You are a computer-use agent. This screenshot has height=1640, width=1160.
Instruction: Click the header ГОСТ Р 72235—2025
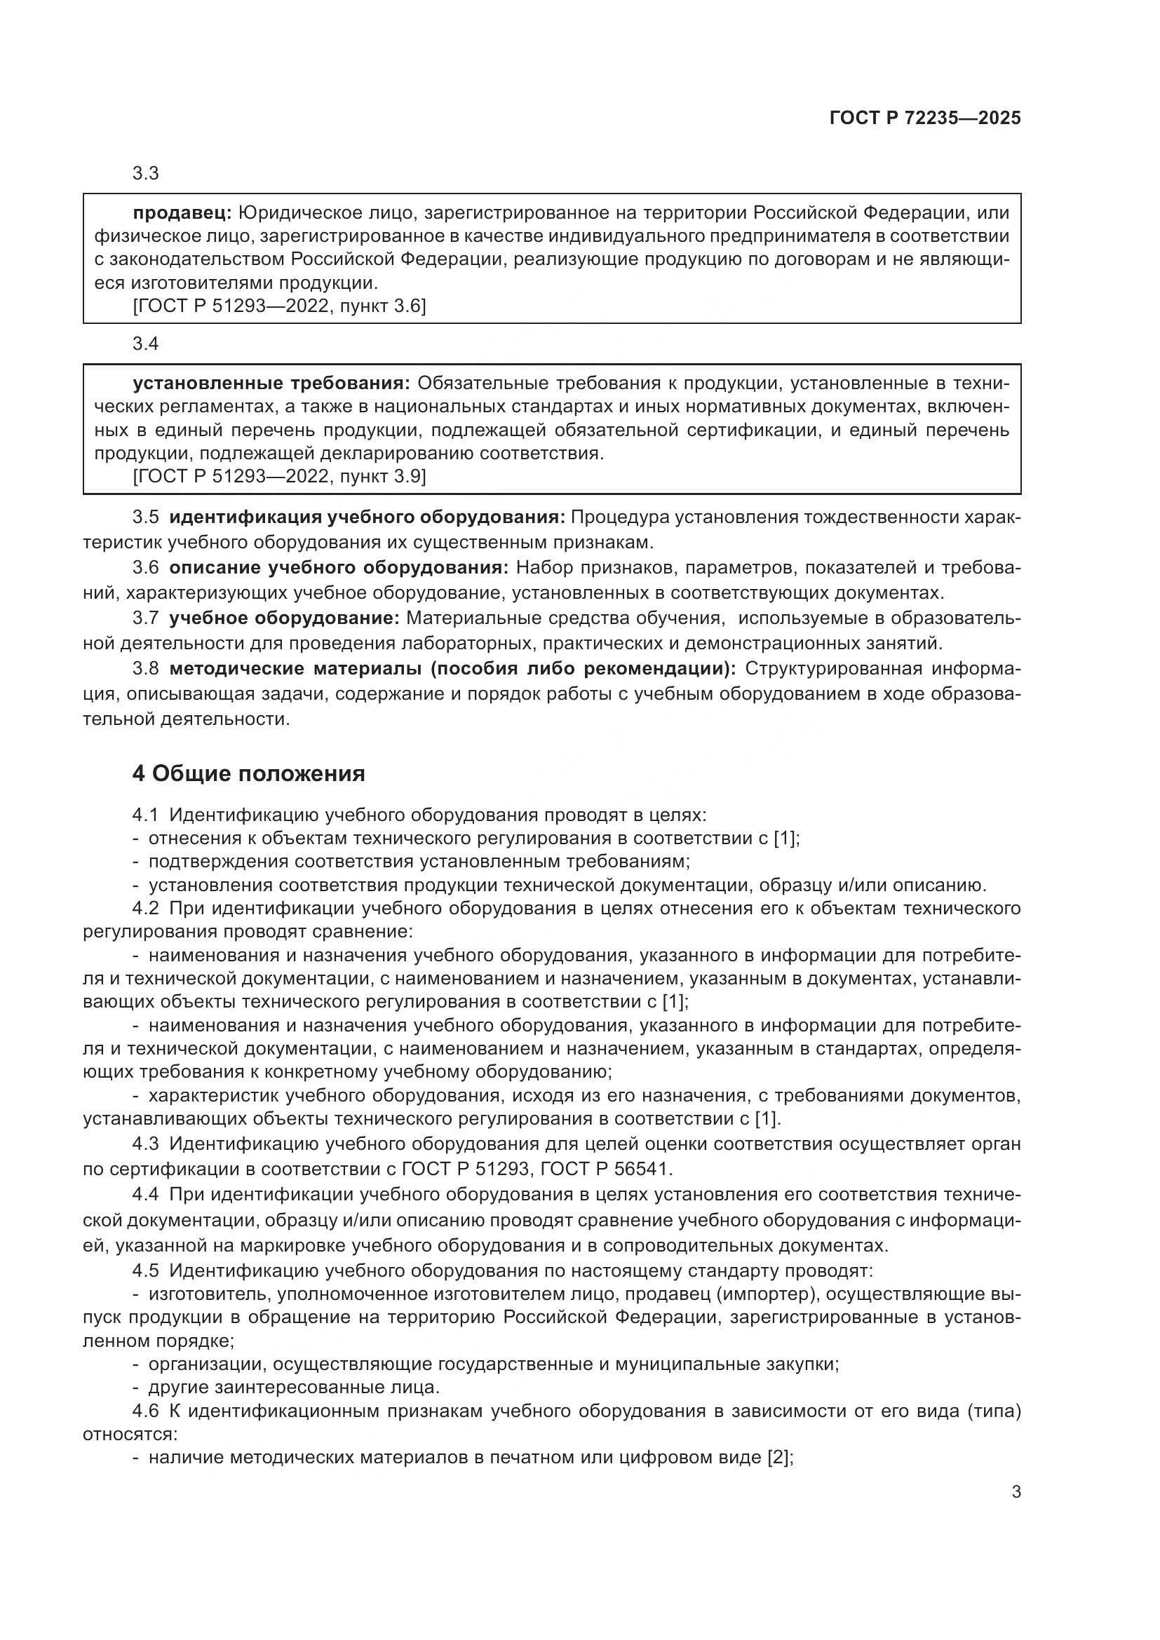925,118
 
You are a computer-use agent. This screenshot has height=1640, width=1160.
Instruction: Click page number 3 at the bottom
1016,1491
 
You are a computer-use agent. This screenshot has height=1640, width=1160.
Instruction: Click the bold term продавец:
182,212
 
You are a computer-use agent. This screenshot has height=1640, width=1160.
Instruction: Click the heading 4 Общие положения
248,773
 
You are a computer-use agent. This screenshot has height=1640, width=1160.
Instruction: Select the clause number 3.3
146,174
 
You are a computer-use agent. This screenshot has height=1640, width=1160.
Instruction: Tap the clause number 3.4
146,344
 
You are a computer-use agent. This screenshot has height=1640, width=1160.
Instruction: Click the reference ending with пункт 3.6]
280,306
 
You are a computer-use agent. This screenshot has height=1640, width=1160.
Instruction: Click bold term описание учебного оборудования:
339,568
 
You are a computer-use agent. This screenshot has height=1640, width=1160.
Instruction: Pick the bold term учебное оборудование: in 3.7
284,618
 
